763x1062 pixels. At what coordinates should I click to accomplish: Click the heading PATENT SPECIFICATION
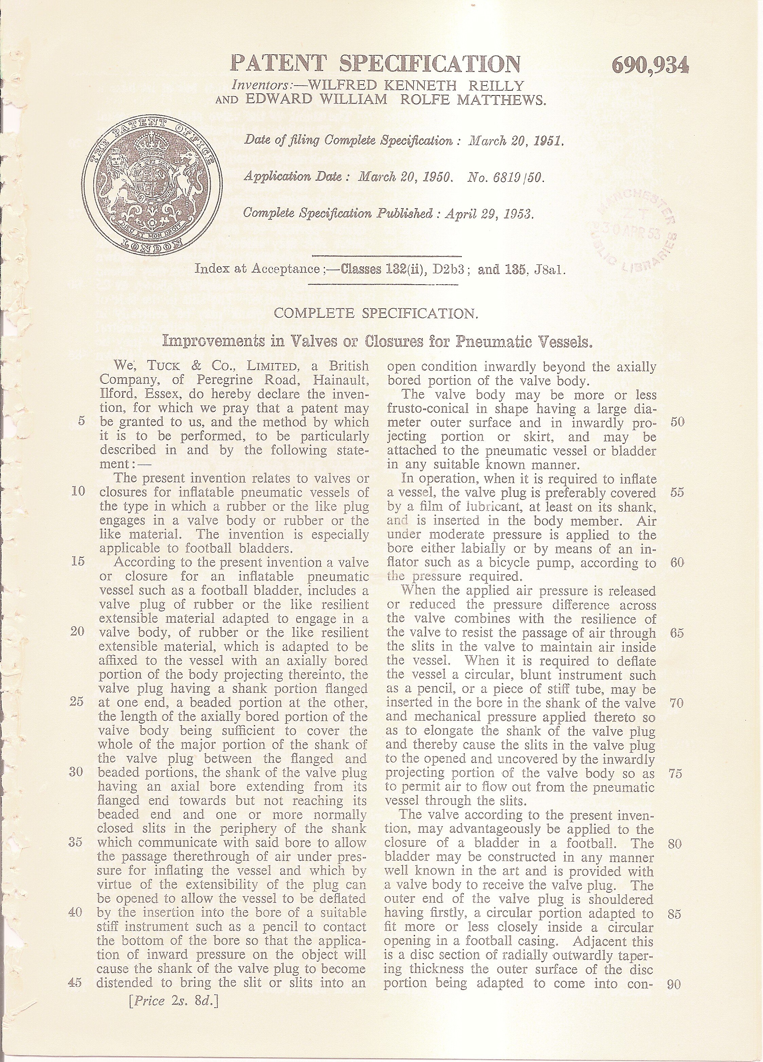376,64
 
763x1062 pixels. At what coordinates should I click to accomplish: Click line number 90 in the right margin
674,984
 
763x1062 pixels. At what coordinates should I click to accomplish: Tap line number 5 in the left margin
81,421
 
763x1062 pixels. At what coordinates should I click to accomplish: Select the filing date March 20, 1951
516,141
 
